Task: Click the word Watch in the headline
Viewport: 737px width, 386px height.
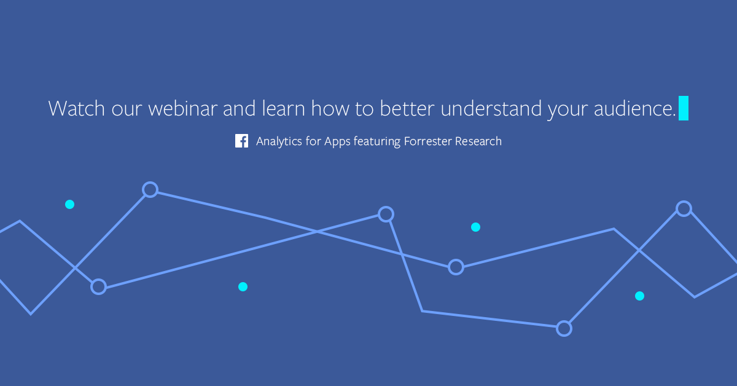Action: pos(76,108)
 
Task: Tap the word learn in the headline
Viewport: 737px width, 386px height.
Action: pos(284,108)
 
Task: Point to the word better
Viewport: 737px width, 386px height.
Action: pos(407,108)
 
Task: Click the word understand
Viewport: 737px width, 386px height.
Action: pos(491,108)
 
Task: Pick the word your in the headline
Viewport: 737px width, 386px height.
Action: pos(567,111)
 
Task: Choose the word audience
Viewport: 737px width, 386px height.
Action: pos(634,108)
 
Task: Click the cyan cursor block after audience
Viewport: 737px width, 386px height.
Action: pos(684,108)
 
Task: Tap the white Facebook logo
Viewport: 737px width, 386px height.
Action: pos(241,141)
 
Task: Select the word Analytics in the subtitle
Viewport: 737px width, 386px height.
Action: pos(279,141)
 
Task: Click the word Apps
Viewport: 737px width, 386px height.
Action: pos(337,142)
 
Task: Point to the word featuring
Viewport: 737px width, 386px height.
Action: pos(377,141)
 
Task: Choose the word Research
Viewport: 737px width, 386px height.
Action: pos(478,141)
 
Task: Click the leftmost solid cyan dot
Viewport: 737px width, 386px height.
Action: pos(70,205)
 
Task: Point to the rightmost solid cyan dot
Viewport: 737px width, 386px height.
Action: pos(639,296)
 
